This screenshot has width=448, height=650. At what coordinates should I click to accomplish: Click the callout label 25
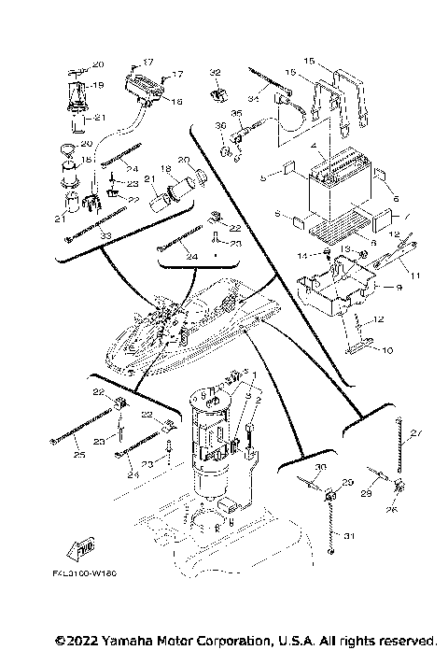click(77, 456)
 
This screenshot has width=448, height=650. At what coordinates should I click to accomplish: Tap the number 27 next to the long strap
click(415, 432)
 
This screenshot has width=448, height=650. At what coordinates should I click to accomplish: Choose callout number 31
click(350, 535)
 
